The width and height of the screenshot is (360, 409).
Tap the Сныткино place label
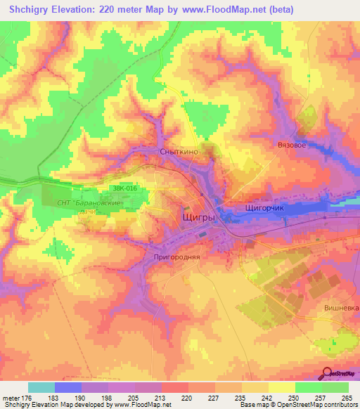pyautogui.click(x=179, y=151)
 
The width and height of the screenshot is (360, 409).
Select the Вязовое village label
pyautogui.click(x=292, y=145)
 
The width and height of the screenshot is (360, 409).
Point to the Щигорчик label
pyautogui.click(x=264, y=209)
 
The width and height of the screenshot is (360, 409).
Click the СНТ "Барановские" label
pyautogui.click(x=90, y=203)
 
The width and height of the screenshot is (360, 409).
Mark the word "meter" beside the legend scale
pyautogui.click(x=12, y=398)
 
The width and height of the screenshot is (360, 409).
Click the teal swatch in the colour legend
pyautogui.click(x=41, y=387)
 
